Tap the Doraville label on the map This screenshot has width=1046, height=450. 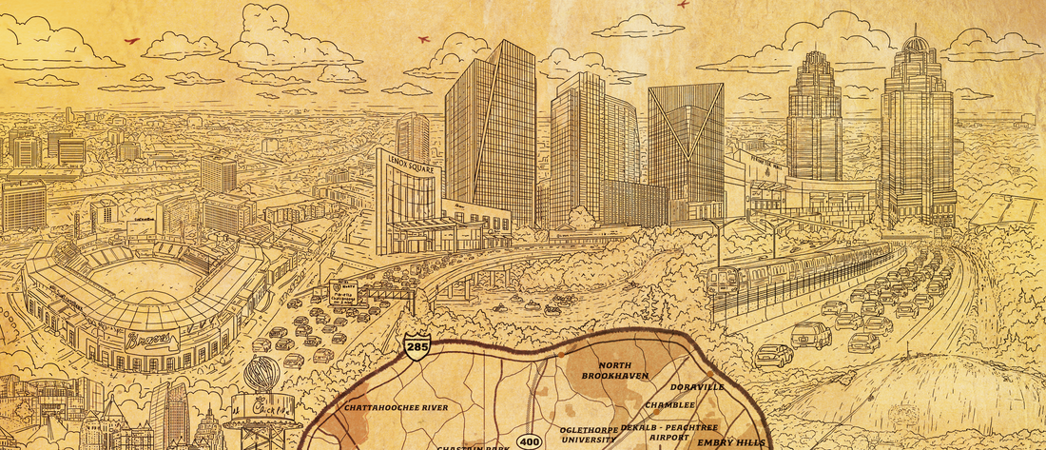pos(697,387)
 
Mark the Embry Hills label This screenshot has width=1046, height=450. pos(729,442)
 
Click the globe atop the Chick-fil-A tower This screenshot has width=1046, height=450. pos(261,375)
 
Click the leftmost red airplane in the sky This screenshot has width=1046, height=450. pos(131,40)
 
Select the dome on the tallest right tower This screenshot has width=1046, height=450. pos(916,46)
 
